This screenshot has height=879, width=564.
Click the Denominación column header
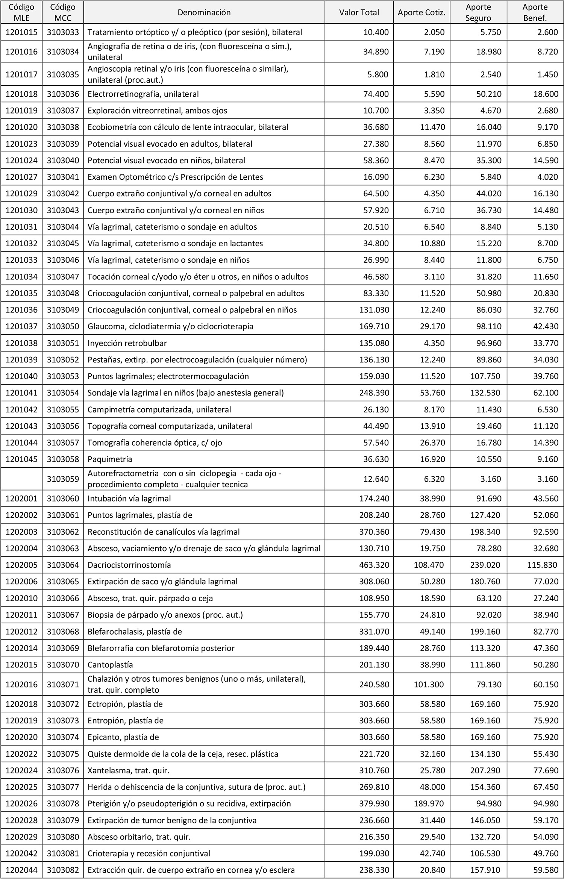pyautogui.click(x=204, y=12)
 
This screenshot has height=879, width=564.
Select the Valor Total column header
pyautogui.click(x=359, y=12)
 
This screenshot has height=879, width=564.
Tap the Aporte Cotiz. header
pyautogui.click(x=421, y=12)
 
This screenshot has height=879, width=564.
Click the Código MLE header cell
pyautogui.click(x=21, y=12)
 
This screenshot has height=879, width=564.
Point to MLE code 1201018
pyautogui.click(x=21, y=94)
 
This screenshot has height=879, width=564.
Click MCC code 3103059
pyautogui.click(x=63, y=479)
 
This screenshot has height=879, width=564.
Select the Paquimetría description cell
pyautogui.click(x=110, y=459)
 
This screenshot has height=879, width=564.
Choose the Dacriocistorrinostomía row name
pyautogui.click(x=129, y=565)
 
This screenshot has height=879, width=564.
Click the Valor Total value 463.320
pyautogui.click(x=374, y=565)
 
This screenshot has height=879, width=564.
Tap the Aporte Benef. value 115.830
pyautogui.click(x=543, y=565)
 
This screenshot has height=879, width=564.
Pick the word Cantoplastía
pyautogui.click(x=110, y=664)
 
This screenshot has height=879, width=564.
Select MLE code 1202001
pyautogui.click(x=21, y=499)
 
